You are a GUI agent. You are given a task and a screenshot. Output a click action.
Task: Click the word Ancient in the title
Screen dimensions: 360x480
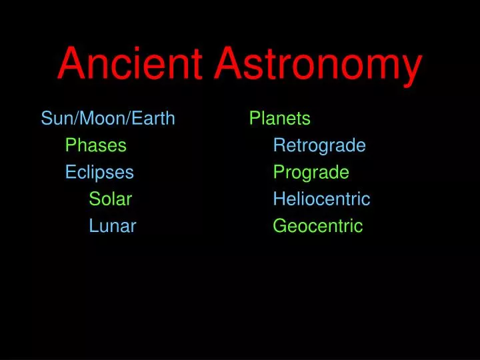click(129, 65)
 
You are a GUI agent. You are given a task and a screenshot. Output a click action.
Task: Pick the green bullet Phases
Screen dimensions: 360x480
click(95, 145)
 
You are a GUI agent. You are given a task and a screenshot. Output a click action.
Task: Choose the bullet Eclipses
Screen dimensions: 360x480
click(99, 173)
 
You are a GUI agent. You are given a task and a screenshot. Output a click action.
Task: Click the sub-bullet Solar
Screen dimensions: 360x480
click(111, 199)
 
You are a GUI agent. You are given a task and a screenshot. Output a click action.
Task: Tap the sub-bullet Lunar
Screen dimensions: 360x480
click(113, 226)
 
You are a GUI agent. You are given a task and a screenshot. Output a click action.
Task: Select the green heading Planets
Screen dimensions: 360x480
click(279, 119)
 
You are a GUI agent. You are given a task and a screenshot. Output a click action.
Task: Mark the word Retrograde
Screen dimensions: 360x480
click(319, 145)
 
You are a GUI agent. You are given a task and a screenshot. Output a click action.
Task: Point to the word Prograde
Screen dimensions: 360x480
click(311, 173)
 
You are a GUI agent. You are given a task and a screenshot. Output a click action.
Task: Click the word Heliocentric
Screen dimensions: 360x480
click(321, 199)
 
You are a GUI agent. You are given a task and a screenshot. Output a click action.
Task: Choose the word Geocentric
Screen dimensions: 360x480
click(317, 226)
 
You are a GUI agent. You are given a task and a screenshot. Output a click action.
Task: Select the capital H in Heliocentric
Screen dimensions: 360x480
click(278, 199)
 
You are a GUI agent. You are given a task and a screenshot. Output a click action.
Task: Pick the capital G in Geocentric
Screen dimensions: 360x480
click(279, 226)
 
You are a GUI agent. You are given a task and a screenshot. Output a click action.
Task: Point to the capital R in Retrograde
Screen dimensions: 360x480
click(279, 145)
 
